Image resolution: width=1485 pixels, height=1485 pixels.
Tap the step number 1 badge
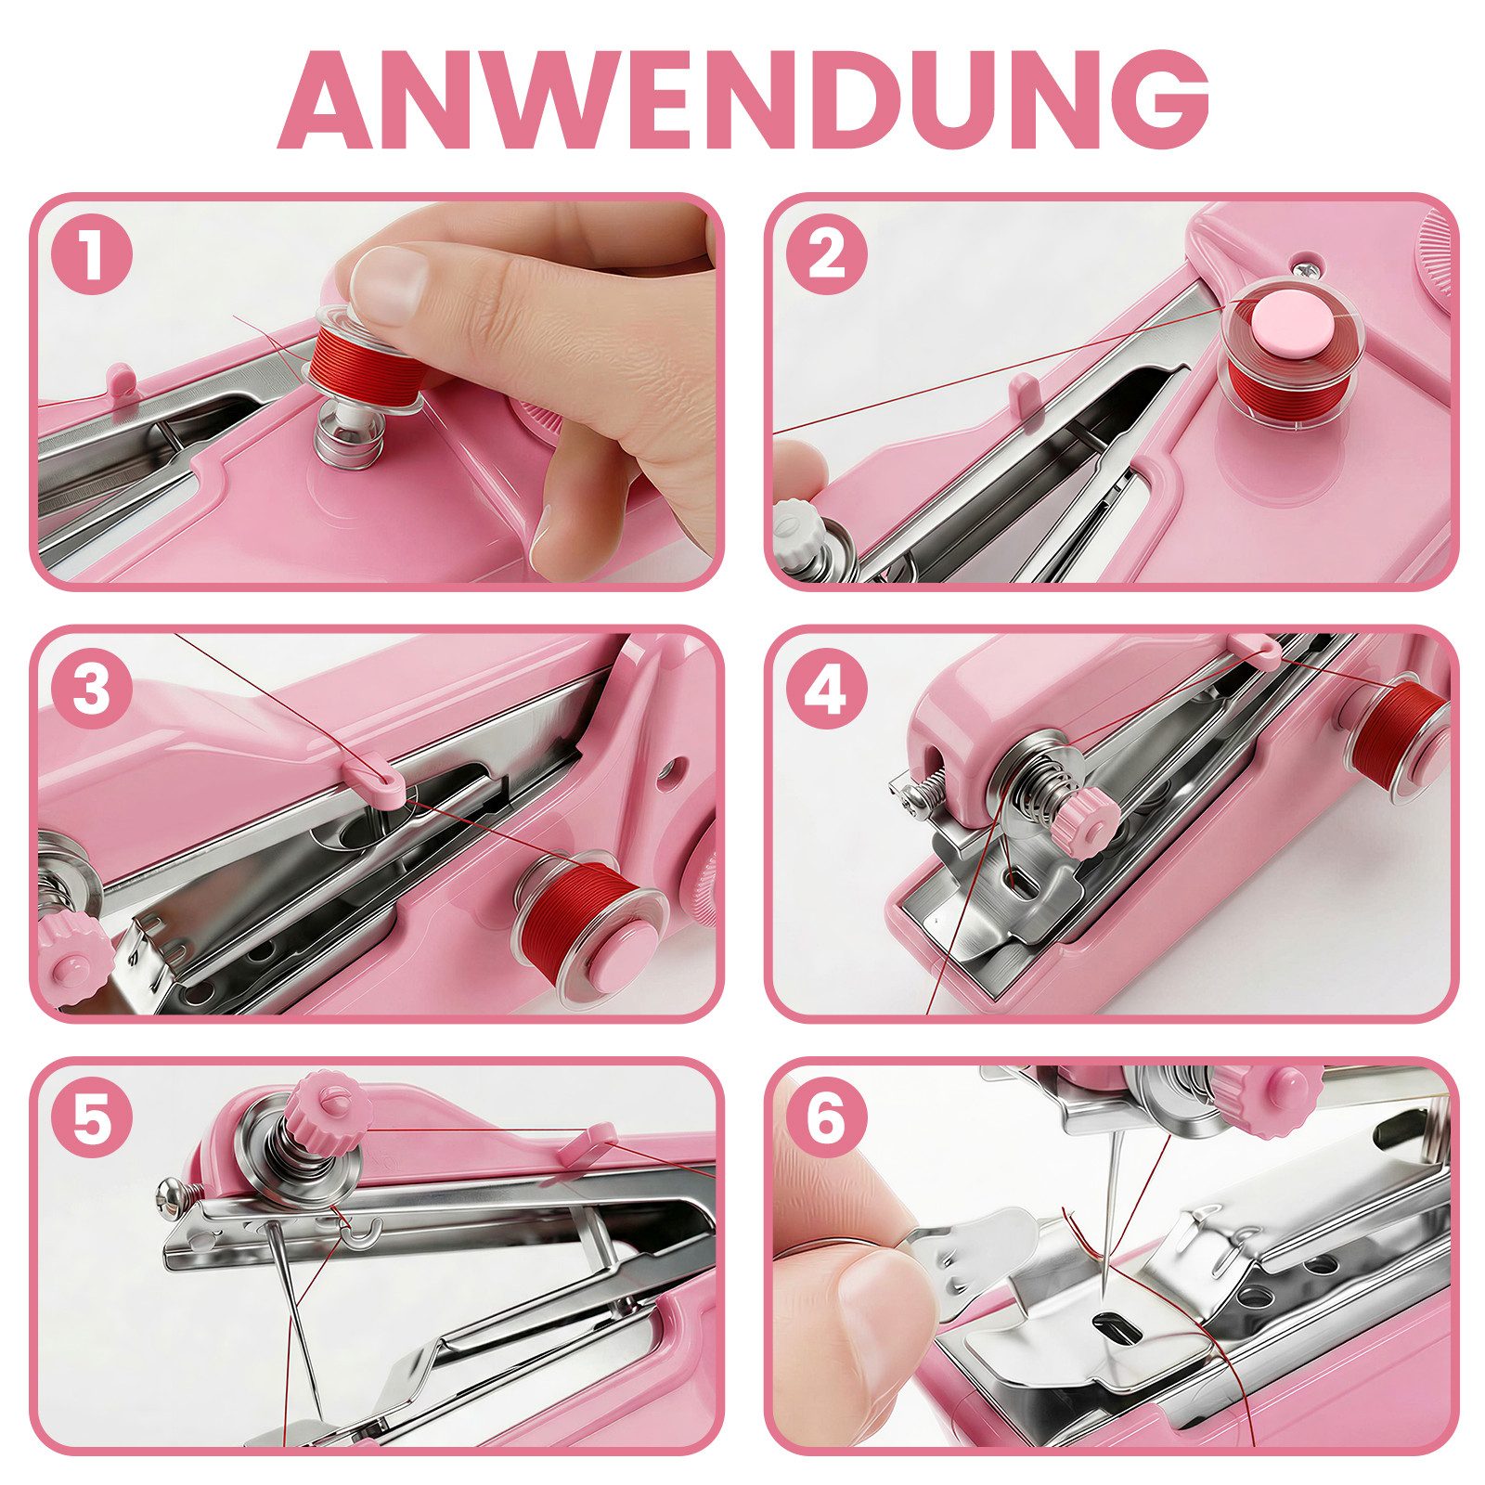(90, 254)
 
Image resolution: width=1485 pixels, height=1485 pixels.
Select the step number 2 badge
(825, 254)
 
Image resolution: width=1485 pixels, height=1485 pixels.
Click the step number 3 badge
(90, 689)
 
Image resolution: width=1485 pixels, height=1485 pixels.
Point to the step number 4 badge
(825, 689)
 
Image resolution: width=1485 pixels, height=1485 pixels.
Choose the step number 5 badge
(90, 1121)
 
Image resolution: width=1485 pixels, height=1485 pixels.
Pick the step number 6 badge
(825, 1121)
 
